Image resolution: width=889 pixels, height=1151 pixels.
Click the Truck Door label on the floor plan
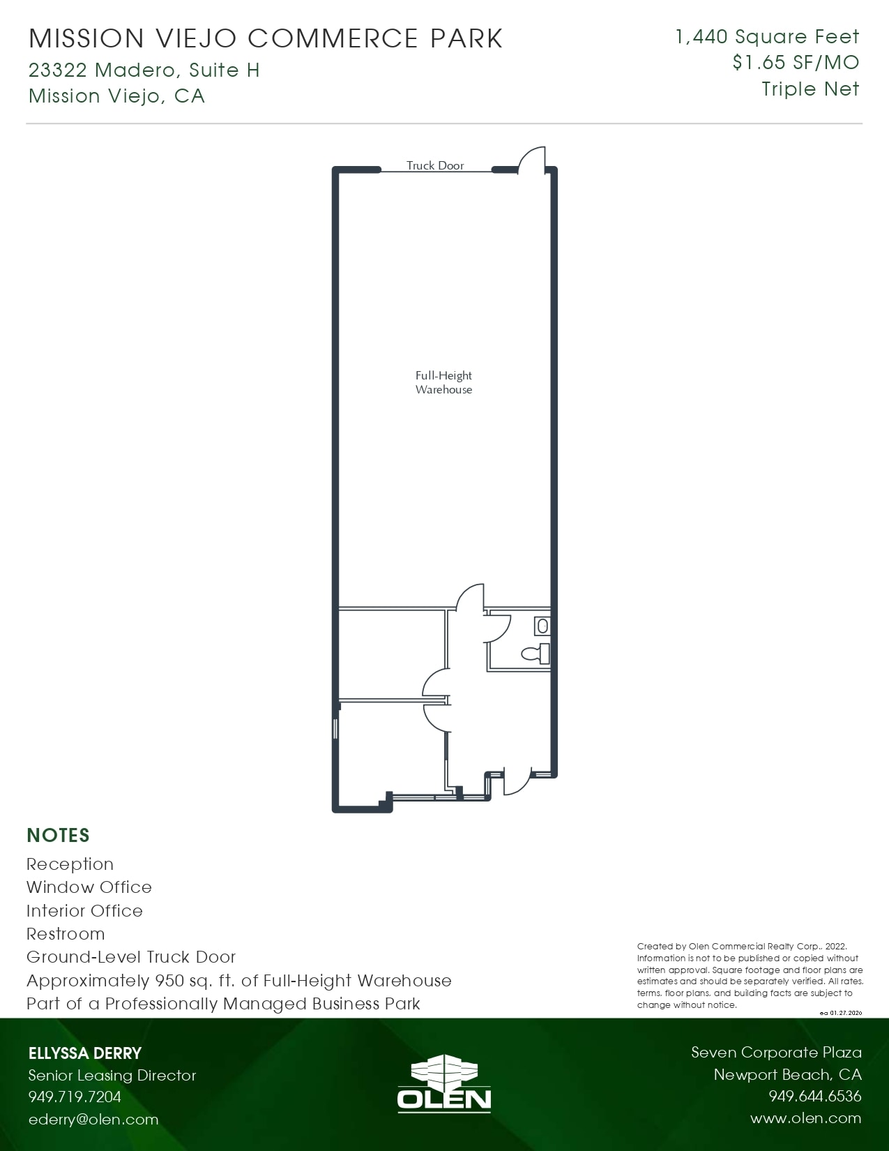click(435, 165)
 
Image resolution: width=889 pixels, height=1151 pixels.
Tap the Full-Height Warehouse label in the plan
click(443, 382)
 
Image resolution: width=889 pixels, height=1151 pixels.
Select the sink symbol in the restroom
click(542, 626)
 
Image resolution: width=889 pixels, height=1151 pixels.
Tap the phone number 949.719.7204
click(75, 1097)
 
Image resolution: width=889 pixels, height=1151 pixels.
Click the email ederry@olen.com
click(93, 1120)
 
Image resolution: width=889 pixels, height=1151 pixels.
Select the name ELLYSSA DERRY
click(85, 1053)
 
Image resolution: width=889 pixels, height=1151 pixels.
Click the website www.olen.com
click(805, 1118)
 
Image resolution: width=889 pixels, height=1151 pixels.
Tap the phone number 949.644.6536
click(814, 1096)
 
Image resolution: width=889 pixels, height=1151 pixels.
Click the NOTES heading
click(58, 835)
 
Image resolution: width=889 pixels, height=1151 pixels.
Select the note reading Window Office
click(89, 887)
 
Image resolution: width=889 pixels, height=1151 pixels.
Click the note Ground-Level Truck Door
click(131, 957)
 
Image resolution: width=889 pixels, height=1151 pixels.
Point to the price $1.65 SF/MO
click(796, 63)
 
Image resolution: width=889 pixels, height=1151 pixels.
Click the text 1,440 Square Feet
click(767, 36)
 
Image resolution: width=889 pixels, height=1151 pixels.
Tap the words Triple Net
click(810, 89)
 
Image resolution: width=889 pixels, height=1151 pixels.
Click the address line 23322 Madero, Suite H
click(144, 70)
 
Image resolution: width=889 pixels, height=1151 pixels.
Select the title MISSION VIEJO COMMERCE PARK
click(266, 38)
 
